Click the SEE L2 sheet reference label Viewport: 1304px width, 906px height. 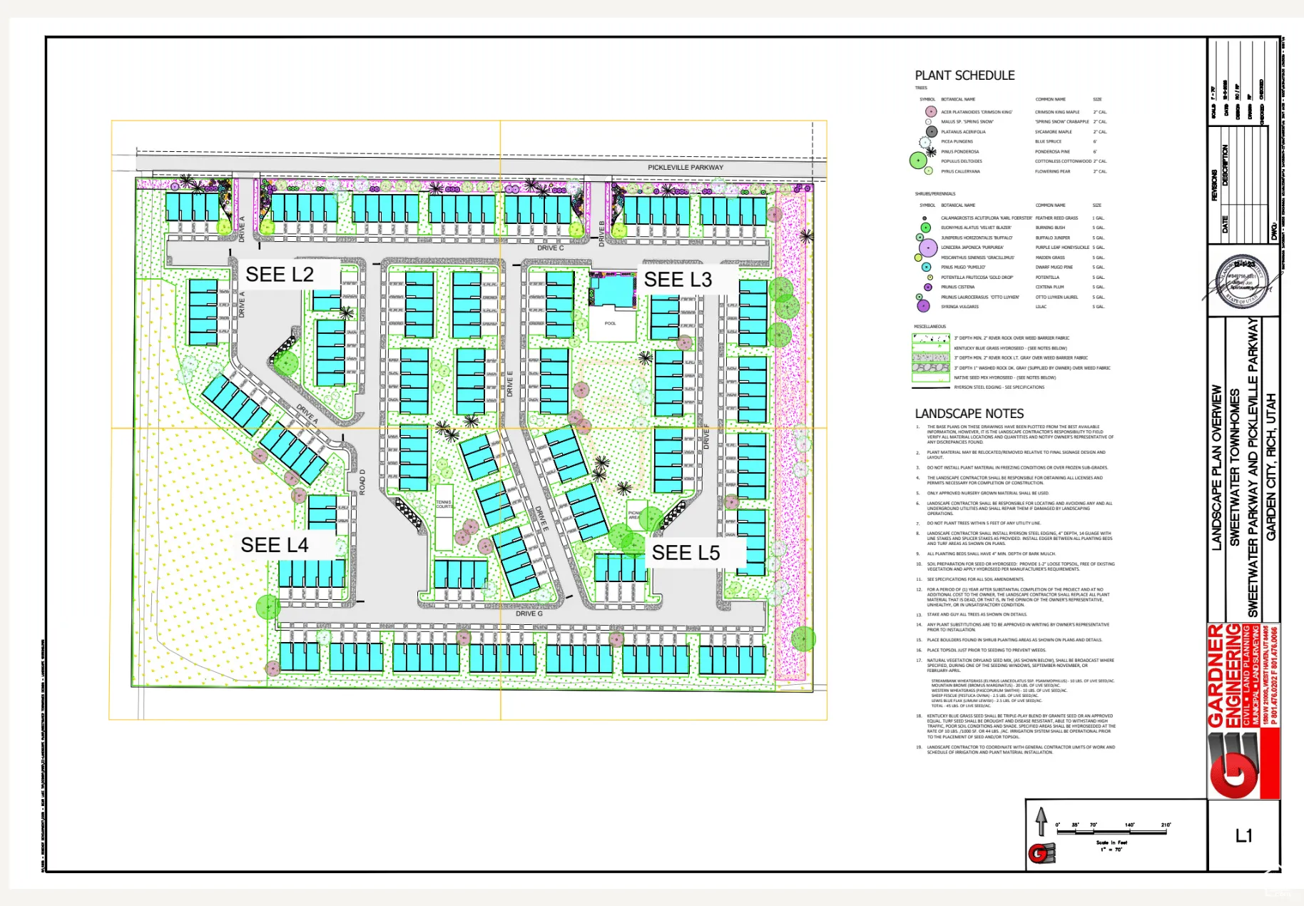(x=280, y=275)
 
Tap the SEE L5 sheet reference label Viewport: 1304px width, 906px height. (x=686, y=553)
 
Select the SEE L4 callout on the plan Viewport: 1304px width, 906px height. (x=275, y=545)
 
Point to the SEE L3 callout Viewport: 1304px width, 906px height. (x=678, y=280)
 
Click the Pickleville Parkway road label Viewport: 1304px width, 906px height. (x=685, y=168)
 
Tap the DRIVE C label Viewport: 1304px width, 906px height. (x=551, y=248)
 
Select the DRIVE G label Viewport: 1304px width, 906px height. (x=529, y=614)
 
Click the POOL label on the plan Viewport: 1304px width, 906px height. (x=610, y=323)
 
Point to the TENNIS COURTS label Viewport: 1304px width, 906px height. (x=444, y=504)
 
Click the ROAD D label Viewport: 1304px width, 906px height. (x=362, y=482)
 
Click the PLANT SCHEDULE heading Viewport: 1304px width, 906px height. (x=964, y=76)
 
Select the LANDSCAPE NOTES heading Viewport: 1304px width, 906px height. (x=969, y=414)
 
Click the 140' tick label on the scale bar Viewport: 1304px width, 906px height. (x=1129, y=825)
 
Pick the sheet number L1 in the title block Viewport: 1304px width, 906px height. (x=1243, y=835)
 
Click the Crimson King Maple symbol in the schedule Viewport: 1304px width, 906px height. (x=930, y=111)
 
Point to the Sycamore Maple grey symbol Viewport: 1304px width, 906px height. (x=931, y=131)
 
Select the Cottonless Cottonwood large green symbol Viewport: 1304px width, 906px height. (x=918, y=161)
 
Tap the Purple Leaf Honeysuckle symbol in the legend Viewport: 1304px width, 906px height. (x=928, y=248)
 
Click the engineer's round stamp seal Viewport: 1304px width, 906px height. (x=1243, y=283)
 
